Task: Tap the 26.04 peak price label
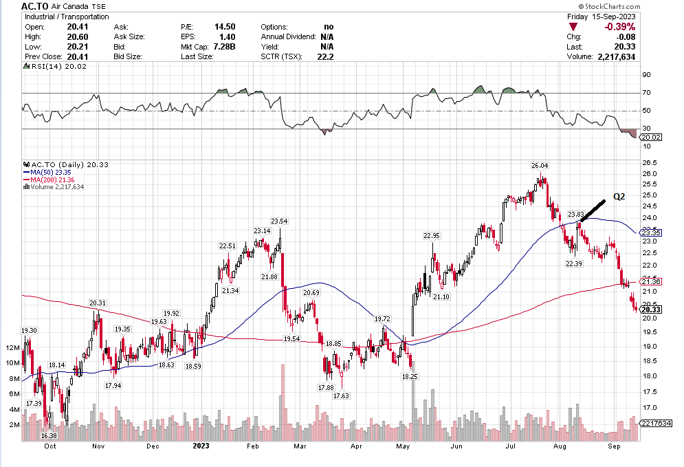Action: (540, 166)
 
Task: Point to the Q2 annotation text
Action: (619, 197)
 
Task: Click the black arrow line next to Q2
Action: (592, 210)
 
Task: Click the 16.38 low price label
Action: (49, 436)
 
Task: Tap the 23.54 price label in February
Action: (279, 221)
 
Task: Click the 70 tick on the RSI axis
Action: (646, 92)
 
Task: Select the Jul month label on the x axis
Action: (510, 446)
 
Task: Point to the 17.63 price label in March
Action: (341, 396)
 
